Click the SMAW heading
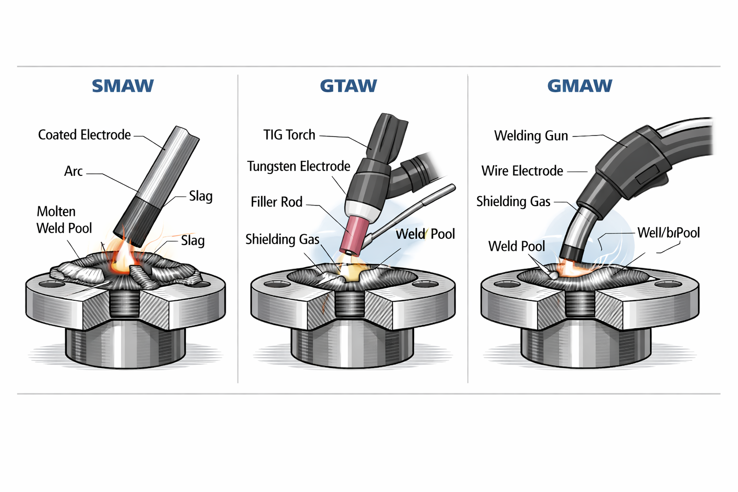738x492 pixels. (x=123, y=86)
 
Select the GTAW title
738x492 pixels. (x=348, y=86)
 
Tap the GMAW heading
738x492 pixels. (x=579, y=86)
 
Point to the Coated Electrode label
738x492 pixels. (x=84, y=135)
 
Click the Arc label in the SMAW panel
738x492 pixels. (x=73, y=172)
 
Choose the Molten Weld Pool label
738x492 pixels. (x=64, y=220)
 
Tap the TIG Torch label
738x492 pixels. (x=289, y=135)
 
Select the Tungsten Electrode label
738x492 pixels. (x=298, y=167)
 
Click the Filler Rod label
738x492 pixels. (x=276, y=202)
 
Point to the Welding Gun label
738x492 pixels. (x=531, y=136)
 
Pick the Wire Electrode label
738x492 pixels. (x=522, y=171)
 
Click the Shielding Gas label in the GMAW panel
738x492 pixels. (x=513, y=202)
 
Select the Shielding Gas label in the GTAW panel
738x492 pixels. (x=282, y=239)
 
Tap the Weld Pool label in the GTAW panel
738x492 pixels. (x=425, y=234)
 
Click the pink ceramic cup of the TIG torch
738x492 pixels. (x=353, y=234)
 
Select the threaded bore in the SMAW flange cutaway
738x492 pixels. (x=125, y=303)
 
